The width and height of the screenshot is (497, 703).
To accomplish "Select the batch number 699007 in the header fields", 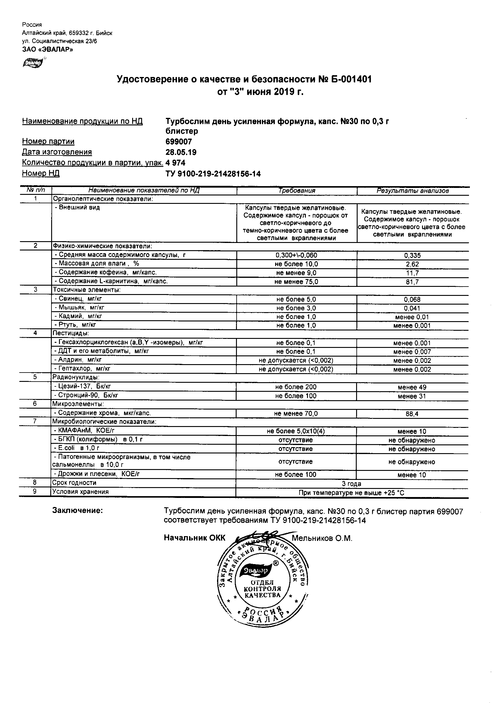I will tap(179, 141).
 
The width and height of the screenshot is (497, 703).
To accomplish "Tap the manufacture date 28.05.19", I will tap(181, 152).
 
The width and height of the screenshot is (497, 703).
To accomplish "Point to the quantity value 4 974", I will tap(176, 163).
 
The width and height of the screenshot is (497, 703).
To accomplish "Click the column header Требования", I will tap(297, 191).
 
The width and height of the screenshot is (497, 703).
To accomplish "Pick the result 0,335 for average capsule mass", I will tap(412, 256).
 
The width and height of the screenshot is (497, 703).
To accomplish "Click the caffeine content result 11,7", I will tap(412, 273).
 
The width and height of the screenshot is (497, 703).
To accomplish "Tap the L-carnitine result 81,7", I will tap(412, 282).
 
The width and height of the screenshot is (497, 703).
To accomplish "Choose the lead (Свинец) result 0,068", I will tap(412, 299).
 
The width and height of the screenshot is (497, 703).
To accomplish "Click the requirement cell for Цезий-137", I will tap(296, 387).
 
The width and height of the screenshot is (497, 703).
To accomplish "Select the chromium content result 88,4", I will tap(412, 414).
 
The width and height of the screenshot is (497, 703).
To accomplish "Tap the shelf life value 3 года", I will tap(351, 484).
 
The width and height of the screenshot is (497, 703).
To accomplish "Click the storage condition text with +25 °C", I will tap(351, 493).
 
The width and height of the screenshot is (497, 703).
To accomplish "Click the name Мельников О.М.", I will tap(322, 538).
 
